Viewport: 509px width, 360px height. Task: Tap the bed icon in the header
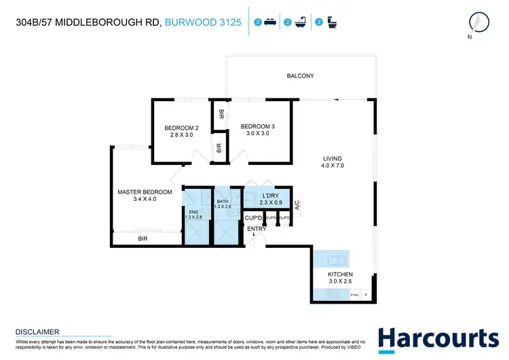(269, 22)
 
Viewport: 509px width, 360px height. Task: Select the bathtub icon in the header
(299, 22)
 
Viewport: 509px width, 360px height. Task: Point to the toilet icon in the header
(331, 22)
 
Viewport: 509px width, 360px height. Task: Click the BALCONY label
(300, 76)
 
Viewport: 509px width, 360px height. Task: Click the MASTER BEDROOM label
(145, 192)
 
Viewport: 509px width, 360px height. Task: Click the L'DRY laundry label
(272, 196)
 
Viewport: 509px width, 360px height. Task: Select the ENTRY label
(257, 229)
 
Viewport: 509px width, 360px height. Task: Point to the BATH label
(223, 202)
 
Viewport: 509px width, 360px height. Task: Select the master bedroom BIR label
(143, 238)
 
